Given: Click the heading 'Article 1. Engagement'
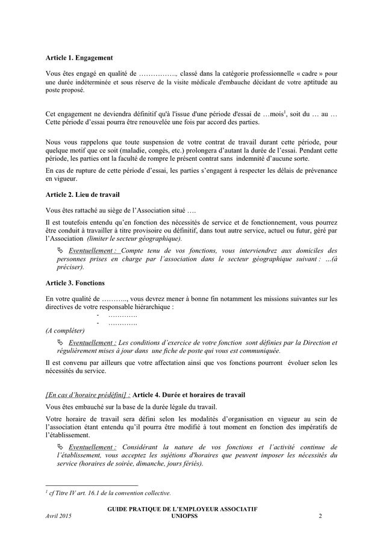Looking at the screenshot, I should pos(79,58).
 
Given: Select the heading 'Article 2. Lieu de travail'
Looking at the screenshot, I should pos(83,195).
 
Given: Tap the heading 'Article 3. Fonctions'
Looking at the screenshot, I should pos(75,282).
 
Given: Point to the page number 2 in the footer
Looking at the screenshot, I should pos(320,516).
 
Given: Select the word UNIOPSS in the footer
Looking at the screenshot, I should pos(182,516).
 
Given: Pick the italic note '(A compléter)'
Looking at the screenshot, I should pos(65,330).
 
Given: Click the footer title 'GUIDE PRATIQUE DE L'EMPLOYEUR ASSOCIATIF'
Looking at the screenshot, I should pos(182,509).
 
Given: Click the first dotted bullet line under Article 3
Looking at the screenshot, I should pos(122,314).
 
